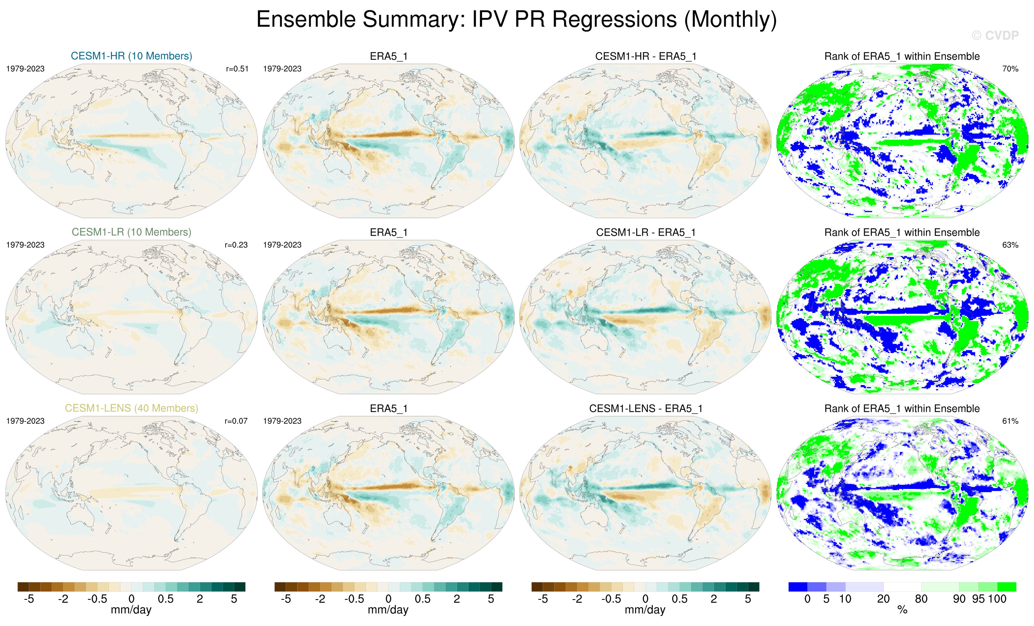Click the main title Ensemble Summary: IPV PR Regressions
point(516,20)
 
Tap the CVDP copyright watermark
point(995,36)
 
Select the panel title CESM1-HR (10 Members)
point(131,56)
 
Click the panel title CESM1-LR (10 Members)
point(131,232)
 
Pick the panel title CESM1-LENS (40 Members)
point(131,408)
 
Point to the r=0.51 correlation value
point(237,69)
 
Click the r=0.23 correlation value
point(236,245)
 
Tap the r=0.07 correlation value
point(236,421)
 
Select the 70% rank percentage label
point(1010,69)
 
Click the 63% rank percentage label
point(1010,245)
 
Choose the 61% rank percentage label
point(1010,421)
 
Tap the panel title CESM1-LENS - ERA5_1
point(645,408)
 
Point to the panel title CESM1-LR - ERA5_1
point(645,232)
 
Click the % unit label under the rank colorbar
point(902,610)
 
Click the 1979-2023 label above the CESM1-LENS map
point(25,421)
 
